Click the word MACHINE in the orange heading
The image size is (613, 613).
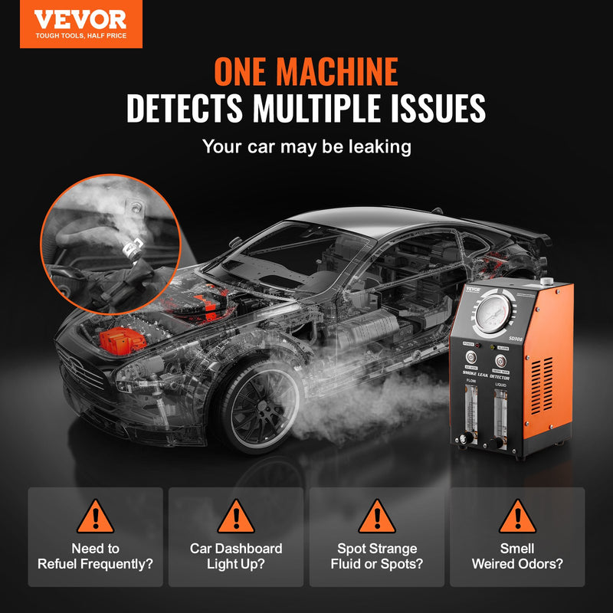(338, 71)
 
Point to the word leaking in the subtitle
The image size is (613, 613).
(377, 146)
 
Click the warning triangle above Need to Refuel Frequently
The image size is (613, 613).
(95, 516)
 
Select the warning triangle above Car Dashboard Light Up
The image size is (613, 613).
(235, 516)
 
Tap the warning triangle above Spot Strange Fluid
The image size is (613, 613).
(376, 516)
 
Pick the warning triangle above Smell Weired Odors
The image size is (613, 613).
(517, 516)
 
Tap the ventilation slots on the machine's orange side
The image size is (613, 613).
(546, 383)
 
